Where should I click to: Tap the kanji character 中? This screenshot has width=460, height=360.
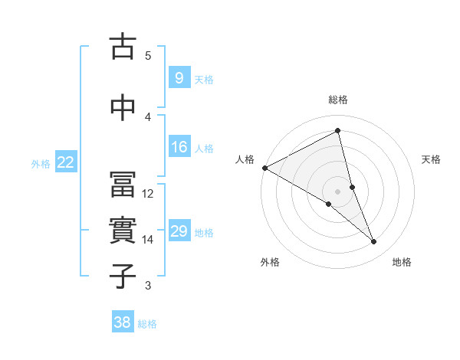123,106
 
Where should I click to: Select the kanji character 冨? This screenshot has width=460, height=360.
123,184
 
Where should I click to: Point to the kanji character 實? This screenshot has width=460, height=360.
123,231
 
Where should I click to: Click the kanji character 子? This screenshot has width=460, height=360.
123,276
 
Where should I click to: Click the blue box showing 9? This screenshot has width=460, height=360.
179,78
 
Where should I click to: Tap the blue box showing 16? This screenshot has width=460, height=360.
179,147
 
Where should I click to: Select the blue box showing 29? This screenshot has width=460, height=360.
179,231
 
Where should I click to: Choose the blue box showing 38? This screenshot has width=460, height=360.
122,322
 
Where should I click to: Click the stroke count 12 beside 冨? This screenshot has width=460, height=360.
148,193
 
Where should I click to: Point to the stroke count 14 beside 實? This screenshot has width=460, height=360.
148,240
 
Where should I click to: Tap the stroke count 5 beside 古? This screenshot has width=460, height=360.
148,55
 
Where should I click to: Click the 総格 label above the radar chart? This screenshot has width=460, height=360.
338,100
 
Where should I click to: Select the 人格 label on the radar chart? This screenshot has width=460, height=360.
245,159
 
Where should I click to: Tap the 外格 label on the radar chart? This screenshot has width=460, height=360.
270,262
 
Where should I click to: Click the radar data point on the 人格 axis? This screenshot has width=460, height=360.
264,168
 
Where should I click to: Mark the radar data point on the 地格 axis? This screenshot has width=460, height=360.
374,242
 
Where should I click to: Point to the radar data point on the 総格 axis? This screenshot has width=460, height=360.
338,131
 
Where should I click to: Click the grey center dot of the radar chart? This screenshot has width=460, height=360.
338,190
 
